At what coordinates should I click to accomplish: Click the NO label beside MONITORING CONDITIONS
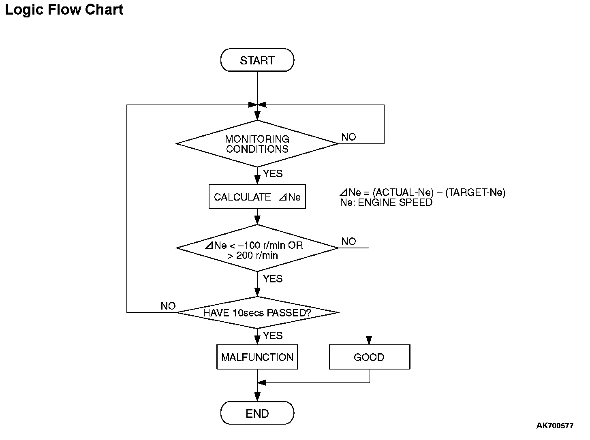tap(348, 137)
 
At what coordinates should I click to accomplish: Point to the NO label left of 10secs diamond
tap(168, 306)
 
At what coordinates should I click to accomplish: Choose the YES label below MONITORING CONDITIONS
tap(273, 174)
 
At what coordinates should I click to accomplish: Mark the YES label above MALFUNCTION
tap(273, 336)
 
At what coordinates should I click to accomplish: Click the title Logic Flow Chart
tap(64, 10)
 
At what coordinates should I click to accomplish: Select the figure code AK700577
tap(555, 426)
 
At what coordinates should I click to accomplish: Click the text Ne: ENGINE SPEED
tap(386, 203)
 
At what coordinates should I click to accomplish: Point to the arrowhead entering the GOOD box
tap(369, 340)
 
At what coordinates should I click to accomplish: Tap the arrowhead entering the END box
tap(257, 397)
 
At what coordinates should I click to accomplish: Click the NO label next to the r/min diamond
tap(348, 241)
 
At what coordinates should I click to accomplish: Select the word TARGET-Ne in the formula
tap(475, 192)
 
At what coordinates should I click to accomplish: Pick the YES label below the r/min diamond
tap(273, 279)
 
